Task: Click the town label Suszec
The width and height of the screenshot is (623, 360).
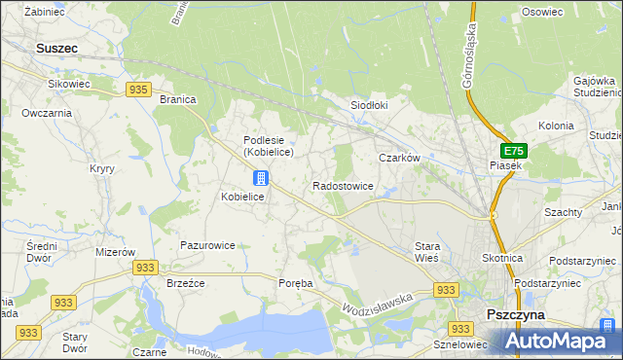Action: point(56,47)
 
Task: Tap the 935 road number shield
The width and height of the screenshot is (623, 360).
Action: point(137,90)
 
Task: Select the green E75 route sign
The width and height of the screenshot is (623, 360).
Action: point(513,151)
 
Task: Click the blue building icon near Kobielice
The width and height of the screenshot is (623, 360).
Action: point(260,177)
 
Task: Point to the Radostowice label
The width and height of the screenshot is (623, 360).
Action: point(343,185)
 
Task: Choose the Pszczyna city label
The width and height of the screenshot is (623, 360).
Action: point(516,315)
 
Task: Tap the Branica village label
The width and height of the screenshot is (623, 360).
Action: point(177,99)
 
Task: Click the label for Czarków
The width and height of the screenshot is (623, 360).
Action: point(398,157)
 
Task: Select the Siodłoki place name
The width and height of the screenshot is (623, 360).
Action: point(369,105)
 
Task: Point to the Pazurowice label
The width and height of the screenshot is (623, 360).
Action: point(207,245)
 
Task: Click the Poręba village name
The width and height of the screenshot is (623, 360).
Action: point(296,283)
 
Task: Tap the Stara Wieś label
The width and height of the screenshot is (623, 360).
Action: point(428,252)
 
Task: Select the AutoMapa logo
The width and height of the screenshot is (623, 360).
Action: point(560,341)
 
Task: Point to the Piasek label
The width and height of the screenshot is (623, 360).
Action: point(505,166)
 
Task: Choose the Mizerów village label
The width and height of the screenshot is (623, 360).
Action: point(115,251)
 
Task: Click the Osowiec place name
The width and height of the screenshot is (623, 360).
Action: point(542,12)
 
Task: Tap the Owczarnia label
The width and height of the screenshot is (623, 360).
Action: point(47,113)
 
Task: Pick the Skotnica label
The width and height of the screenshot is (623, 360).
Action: point(503,258)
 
